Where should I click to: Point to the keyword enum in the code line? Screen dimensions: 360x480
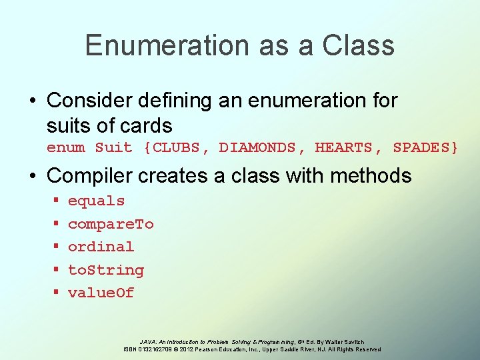point(65,147)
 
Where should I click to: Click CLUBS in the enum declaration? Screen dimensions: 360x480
point(177,147)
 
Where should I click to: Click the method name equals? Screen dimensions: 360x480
point(96,201)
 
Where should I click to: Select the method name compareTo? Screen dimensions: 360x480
point(111,224)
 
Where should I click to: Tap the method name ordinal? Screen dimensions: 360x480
point(101,247)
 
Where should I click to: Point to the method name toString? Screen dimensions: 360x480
point(105,270)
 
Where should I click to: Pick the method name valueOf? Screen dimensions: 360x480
point(101,293)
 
